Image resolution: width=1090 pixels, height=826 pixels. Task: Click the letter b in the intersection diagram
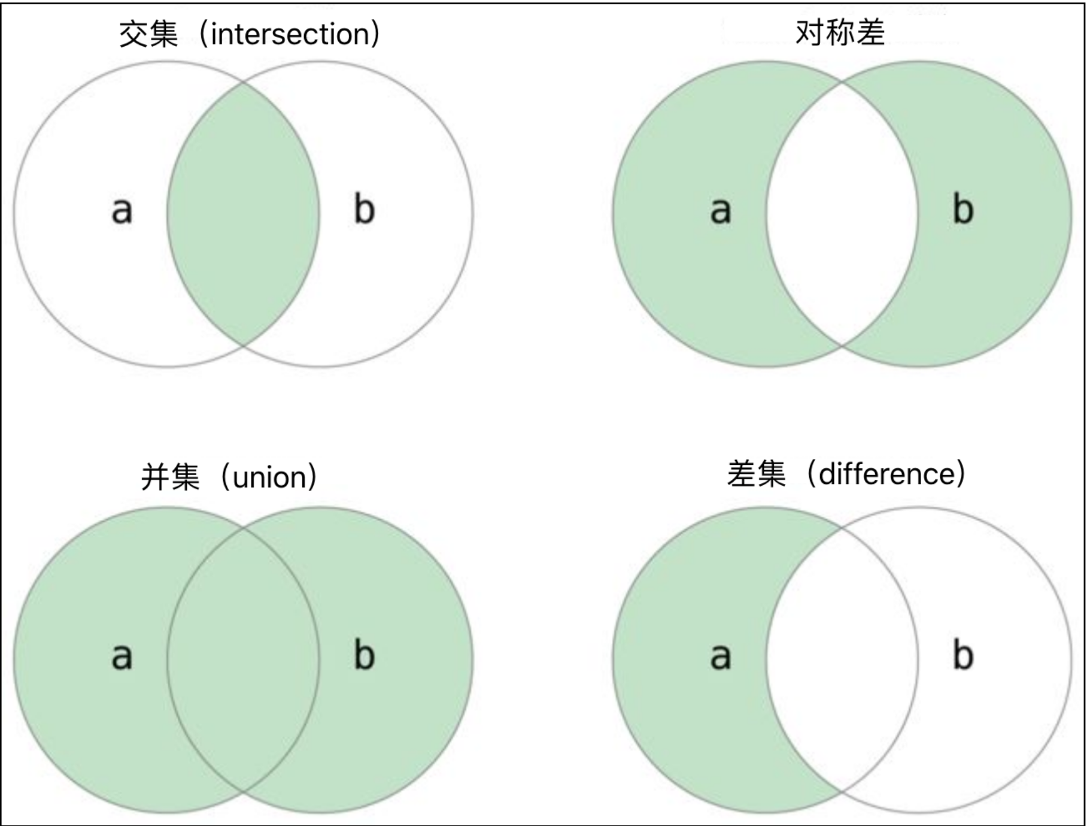click(x=364, y=209)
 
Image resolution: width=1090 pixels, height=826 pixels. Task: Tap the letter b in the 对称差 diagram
click(x=963, y=209)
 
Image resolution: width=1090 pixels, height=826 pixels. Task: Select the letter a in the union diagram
click(x=122, y=656)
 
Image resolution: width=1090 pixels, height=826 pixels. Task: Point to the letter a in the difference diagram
click(x=720, y=656)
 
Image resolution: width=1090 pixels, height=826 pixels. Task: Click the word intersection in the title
click(x=290, y=34)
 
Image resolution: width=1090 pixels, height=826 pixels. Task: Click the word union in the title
click(x=269, y=478)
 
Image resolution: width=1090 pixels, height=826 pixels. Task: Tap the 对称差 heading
click(x=840, y=32)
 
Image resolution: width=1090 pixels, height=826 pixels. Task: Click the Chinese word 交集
click(x=148, y=34)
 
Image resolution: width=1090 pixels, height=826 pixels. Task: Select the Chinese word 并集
click(x=170, y=478)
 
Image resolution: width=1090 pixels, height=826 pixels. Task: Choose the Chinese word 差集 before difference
click(x=756, y=474)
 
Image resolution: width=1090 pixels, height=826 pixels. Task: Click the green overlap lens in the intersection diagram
click(x=243, y=214)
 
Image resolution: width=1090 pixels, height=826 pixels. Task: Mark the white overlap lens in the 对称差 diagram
click(x=842, y=214)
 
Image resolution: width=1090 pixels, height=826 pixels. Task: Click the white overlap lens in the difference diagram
click(x=842, y=659)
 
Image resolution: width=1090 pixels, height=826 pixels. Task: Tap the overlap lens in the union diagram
click(x=243, y=659)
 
